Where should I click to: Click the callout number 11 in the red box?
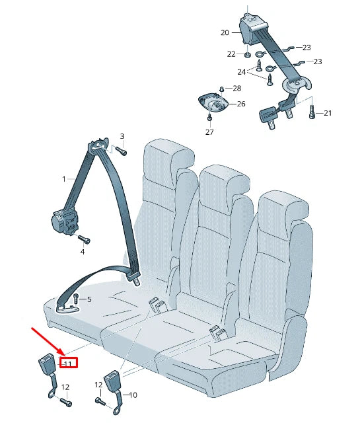(67, 363)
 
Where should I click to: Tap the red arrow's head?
(61, 355)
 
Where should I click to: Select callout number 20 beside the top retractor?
(225, 32)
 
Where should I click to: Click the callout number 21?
(328, 114)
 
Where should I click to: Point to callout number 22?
(231, 54)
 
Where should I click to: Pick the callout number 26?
(240, 104)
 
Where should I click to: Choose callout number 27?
(209, 132)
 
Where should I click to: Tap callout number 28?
(237, 88)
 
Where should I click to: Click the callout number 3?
(122, 136)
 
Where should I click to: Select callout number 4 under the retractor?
(83, 251)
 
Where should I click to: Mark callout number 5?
(89, 299)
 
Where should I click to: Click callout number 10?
(132, 395)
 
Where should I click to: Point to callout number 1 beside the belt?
(64, 179)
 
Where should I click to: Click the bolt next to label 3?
(122, 151)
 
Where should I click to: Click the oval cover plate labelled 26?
(213, 103)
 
